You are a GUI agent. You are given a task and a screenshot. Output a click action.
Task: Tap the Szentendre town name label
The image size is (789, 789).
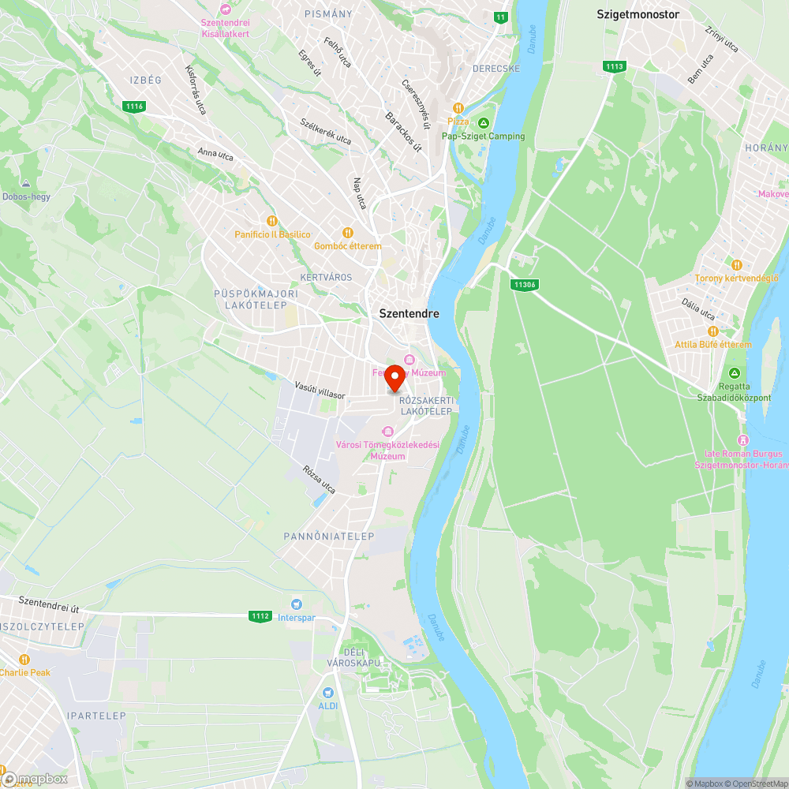tap(409, 313)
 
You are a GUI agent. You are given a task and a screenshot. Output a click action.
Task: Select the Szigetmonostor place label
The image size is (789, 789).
tap(638, 14)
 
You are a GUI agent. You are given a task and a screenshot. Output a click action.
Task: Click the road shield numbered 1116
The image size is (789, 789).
tap(134, 106)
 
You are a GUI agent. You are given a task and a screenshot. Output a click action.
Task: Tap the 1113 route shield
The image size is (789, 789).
tap(615, 66)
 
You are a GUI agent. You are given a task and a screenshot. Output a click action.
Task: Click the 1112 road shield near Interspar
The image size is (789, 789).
tap(260, 616)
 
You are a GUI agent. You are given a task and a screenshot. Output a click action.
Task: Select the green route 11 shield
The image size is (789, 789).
tap(500, 17)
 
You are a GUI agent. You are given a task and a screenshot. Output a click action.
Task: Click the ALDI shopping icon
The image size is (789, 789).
tap(327, 691)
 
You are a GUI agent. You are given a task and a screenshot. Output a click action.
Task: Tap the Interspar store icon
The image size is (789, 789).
tap(296, 604)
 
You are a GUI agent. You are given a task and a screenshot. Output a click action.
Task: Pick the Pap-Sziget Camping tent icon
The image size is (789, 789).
tap(483, 122)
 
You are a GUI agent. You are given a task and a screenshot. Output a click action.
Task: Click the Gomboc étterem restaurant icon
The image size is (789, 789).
tap(347, 233)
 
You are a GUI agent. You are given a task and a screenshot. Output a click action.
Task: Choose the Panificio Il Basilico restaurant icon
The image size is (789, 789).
tap(272, 222)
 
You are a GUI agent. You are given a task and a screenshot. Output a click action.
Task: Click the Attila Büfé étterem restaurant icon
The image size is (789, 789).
tap(712, 331)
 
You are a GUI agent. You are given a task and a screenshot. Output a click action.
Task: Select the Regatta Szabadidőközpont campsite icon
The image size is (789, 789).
tap(735, 373)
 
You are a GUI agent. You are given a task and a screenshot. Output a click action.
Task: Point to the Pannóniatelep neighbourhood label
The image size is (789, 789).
tap(329, 536)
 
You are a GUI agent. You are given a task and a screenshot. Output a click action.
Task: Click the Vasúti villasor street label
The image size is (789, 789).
tap(320, 390)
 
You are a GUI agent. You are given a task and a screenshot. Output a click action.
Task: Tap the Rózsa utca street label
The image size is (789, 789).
tap(319, 479)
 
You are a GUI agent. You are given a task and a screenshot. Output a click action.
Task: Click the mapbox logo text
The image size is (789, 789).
tap(39, 779)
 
